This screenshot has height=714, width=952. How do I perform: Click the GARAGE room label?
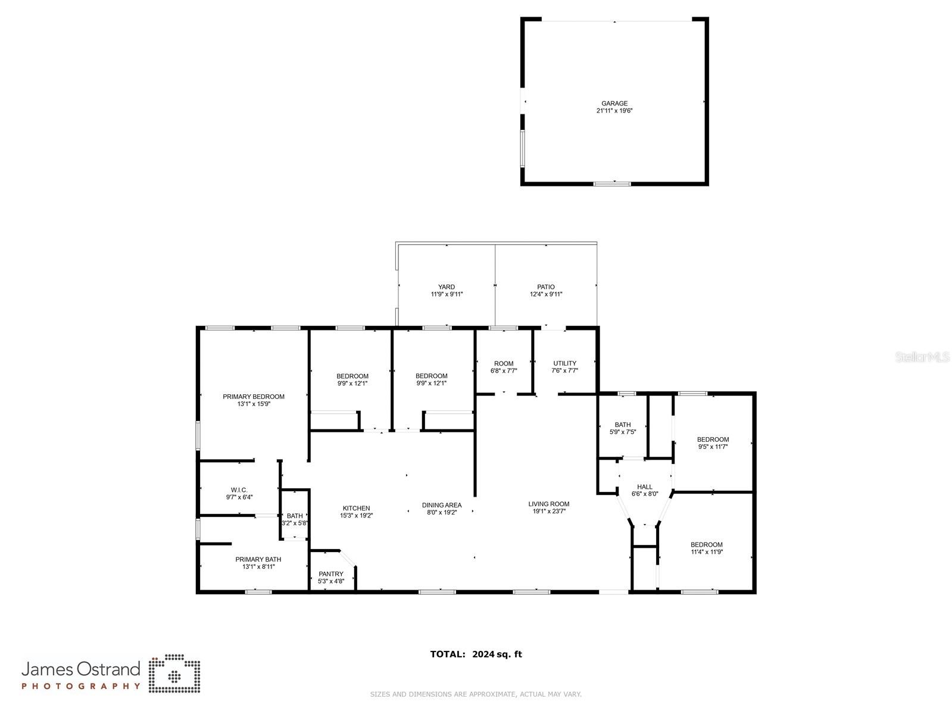[x=614, y=104]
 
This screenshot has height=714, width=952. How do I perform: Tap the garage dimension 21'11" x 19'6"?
[x=614, y=111]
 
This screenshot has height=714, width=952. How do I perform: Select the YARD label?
[x=447, y=287]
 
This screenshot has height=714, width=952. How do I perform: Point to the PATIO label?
[x=545, y=287]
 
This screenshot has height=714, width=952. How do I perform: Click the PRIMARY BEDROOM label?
[x=254, y=397]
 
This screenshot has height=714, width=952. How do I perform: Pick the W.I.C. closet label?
[x=239, y=490]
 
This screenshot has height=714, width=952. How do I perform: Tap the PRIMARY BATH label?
[x=258, y=559]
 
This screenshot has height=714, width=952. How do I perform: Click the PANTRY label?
[x=331, y=574]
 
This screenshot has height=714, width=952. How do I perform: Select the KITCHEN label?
[x=356, y=509]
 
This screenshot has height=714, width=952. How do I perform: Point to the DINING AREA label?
[x=441, y=505]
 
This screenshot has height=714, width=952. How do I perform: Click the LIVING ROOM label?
[x=549, y=504]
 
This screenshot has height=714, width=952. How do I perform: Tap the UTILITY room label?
[x=564, y=363]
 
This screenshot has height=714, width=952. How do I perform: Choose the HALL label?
[x=644, y=487]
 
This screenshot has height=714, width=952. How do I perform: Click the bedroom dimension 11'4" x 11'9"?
[x=707, y=552]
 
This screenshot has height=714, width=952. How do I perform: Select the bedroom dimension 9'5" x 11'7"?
[x=713, y=447]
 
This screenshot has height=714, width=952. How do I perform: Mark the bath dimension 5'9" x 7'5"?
[x=623, y=432]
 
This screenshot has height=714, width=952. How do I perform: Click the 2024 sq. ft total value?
[x=497, y=654]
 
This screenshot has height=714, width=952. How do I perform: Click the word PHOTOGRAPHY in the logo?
[x=81, y=686]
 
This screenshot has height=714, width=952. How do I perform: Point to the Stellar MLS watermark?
[x=922, y=357]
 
